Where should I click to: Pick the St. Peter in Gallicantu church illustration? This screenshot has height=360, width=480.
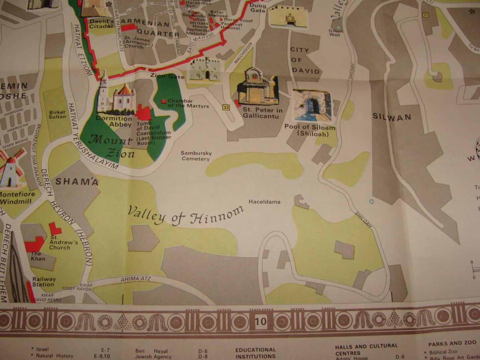coord(257,87)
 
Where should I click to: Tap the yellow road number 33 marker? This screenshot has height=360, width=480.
coord(226,107)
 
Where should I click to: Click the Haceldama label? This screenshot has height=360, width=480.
coord(264,202)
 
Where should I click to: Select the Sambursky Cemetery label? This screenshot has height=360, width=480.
coord(196,156)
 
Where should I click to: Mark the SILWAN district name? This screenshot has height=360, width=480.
coord(392,117)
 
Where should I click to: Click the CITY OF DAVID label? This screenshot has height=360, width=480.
coord(305,60)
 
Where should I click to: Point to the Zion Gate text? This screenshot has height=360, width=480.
coord(167,76)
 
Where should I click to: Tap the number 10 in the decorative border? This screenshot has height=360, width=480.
coord(261,321)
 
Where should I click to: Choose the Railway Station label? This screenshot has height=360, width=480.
coord(44,282)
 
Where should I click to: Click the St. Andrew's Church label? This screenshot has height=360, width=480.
coord(64,242)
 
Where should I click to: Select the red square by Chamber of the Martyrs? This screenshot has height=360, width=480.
coord(163,101)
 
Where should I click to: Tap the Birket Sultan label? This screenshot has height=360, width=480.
coord(57,115)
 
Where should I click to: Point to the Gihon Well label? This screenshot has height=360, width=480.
coord(336,33)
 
